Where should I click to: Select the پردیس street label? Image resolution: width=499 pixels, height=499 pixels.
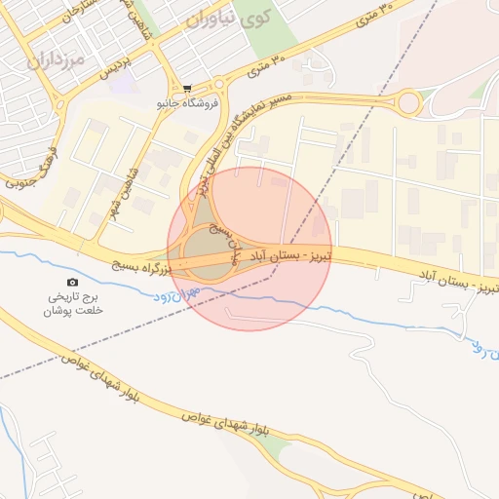pyautogui.click(x=144, y=61)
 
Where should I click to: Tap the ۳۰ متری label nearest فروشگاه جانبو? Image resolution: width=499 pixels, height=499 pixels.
pyautogui.click(x=269, y=65)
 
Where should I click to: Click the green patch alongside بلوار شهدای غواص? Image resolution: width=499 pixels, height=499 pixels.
pyautogui.click(x=277, y=450)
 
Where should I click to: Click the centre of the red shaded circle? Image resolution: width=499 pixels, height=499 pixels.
pyautogui.click(x=249, y=249)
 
